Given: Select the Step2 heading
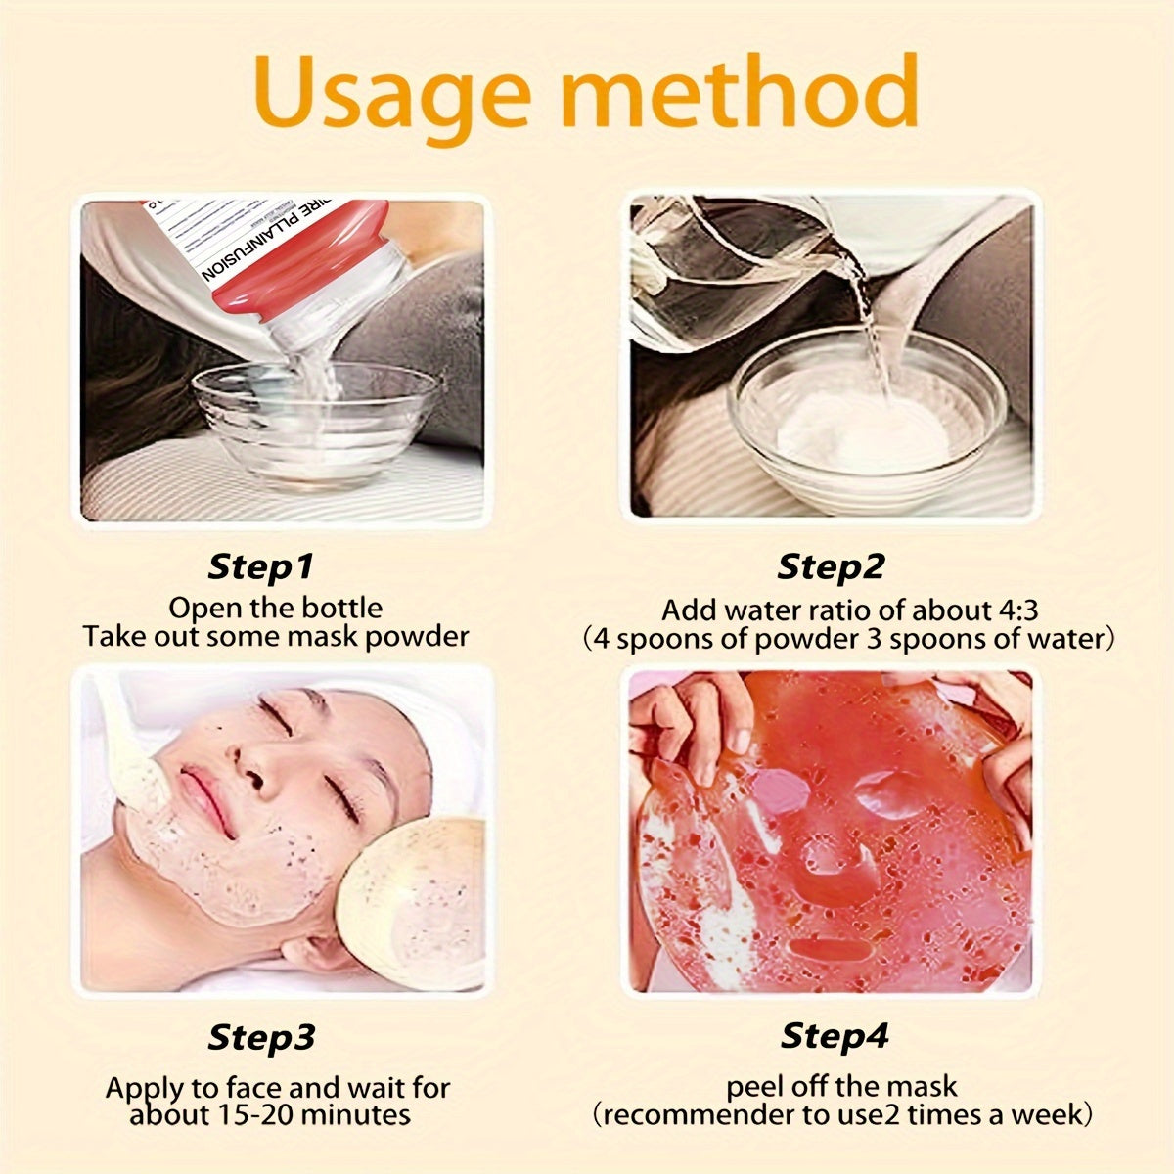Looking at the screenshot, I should [x=831, y=566].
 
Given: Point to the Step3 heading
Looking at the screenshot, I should [x=261, y=1037].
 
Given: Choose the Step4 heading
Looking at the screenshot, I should [x=835, y=1036].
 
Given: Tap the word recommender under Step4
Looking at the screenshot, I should [x=683, y=1114].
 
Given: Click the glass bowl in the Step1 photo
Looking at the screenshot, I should [x=313, y=421].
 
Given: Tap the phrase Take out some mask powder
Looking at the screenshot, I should [x=276, y=637].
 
